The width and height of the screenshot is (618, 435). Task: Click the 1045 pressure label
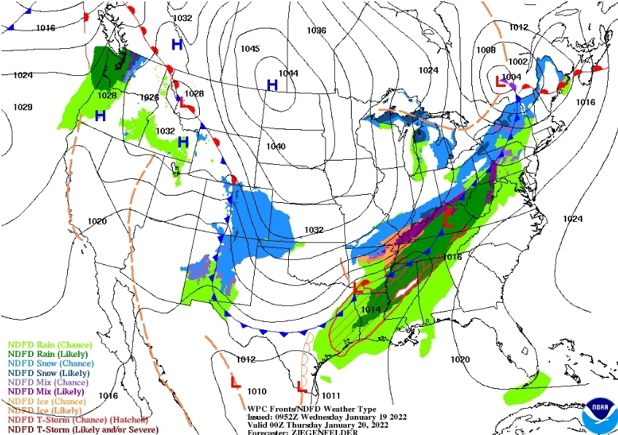[x=250, y=49]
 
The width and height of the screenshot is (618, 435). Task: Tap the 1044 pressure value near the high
[x=288, y=73]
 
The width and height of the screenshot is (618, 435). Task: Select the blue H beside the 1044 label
[x=272, y=85]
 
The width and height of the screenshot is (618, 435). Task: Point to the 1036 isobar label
[x=316, y=31]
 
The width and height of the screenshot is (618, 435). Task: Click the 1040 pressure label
[x=275, y=147]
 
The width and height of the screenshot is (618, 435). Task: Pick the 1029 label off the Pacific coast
[x=23, y=107]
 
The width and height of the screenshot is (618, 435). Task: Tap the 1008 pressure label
[x=485, y=50]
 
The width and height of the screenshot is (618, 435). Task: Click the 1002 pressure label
[x=518, y=62]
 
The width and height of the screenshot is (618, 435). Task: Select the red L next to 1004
[x=501, y=81]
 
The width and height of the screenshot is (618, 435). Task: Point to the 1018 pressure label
[x=452, y=257]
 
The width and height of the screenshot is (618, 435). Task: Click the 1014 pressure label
[x=371, y=309]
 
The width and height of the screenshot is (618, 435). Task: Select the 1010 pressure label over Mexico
[x=257, y=391]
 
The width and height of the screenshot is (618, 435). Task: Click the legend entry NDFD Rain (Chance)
[x=50, y=344]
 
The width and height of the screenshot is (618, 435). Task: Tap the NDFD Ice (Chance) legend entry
[x=46, y=401]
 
